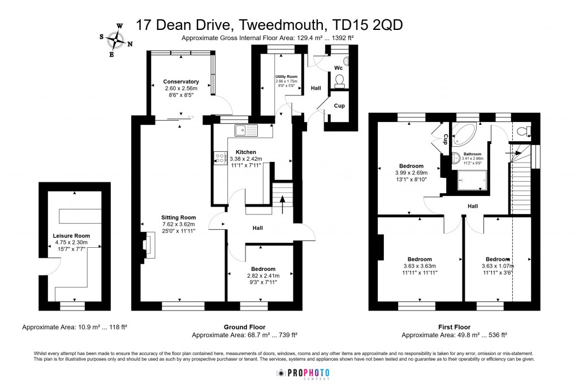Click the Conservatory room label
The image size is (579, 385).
(181, 82)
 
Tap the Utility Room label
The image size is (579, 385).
(286, 76)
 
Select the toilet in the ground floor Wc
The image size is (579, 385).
(340, 83)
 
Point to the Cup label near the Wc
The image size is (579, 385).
(339, 106)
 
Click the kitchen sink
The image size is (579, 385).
(247, 130)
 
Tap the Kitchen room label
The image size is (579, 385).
(246, 152)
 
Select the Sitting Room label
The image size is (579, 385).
(178, 217)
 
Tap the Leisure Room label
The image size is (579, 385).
(71, 236)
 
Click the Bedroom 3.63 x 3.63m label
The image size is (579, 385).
(419, 259)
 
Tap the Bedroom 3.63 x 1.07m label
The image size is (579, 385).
(498, 259)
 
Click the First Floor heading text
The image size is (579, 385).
(454, 327)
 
